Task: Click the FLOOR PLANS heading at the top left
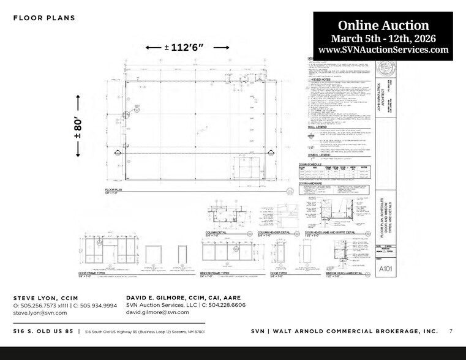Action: [x=44, y=18]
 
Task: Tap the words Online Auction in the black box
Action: [x=383, y=25]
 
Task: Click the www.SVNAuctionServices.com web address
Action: [x=383, y=50]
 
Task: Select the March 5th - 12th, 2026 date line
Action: [x=383, y=38]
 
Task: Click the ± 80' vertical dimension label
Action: [x=78, y=125]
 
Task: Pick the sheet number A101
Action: [x=386, y=268]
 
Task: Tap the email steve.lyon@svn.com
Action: [x=40, y=312]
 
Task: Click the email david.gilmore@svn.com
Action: [x=158, y=312]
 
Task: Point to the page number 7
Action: [x=451, y=331]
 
